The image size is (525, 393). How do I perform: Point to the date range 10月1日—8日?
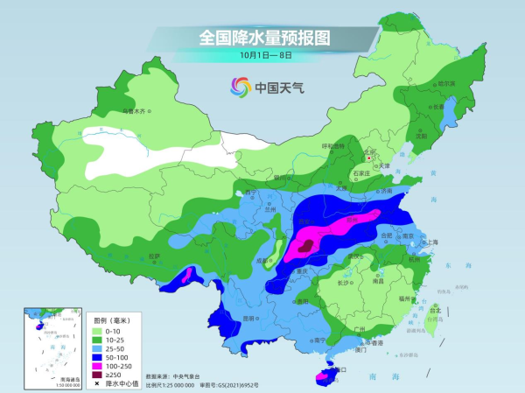(x=264, y=54)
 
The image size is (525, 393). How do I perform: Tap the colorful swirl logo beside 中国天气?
(x=239, y=87)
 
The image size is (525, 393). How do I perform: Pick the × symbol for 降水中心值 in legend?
(x=97, y=383)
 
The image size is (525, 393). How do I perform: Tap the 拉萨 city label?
(x=155, y=256)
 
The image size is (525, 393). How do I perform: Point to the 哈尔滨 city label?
(x=446, y=83)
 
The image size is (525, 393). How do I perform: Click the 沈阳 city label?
(x=422, y=136)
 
